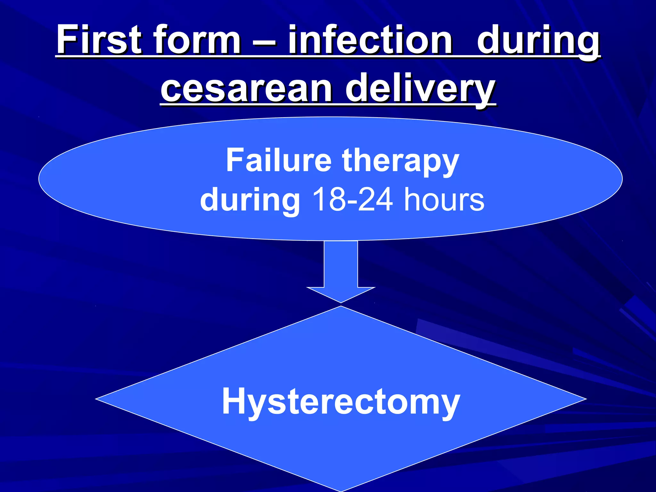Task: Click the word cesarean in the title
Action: [x=246, y=88]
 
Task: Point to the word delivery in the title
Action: [x=420, y=88]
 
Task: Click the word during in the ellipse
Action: [x=250, y=200]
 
